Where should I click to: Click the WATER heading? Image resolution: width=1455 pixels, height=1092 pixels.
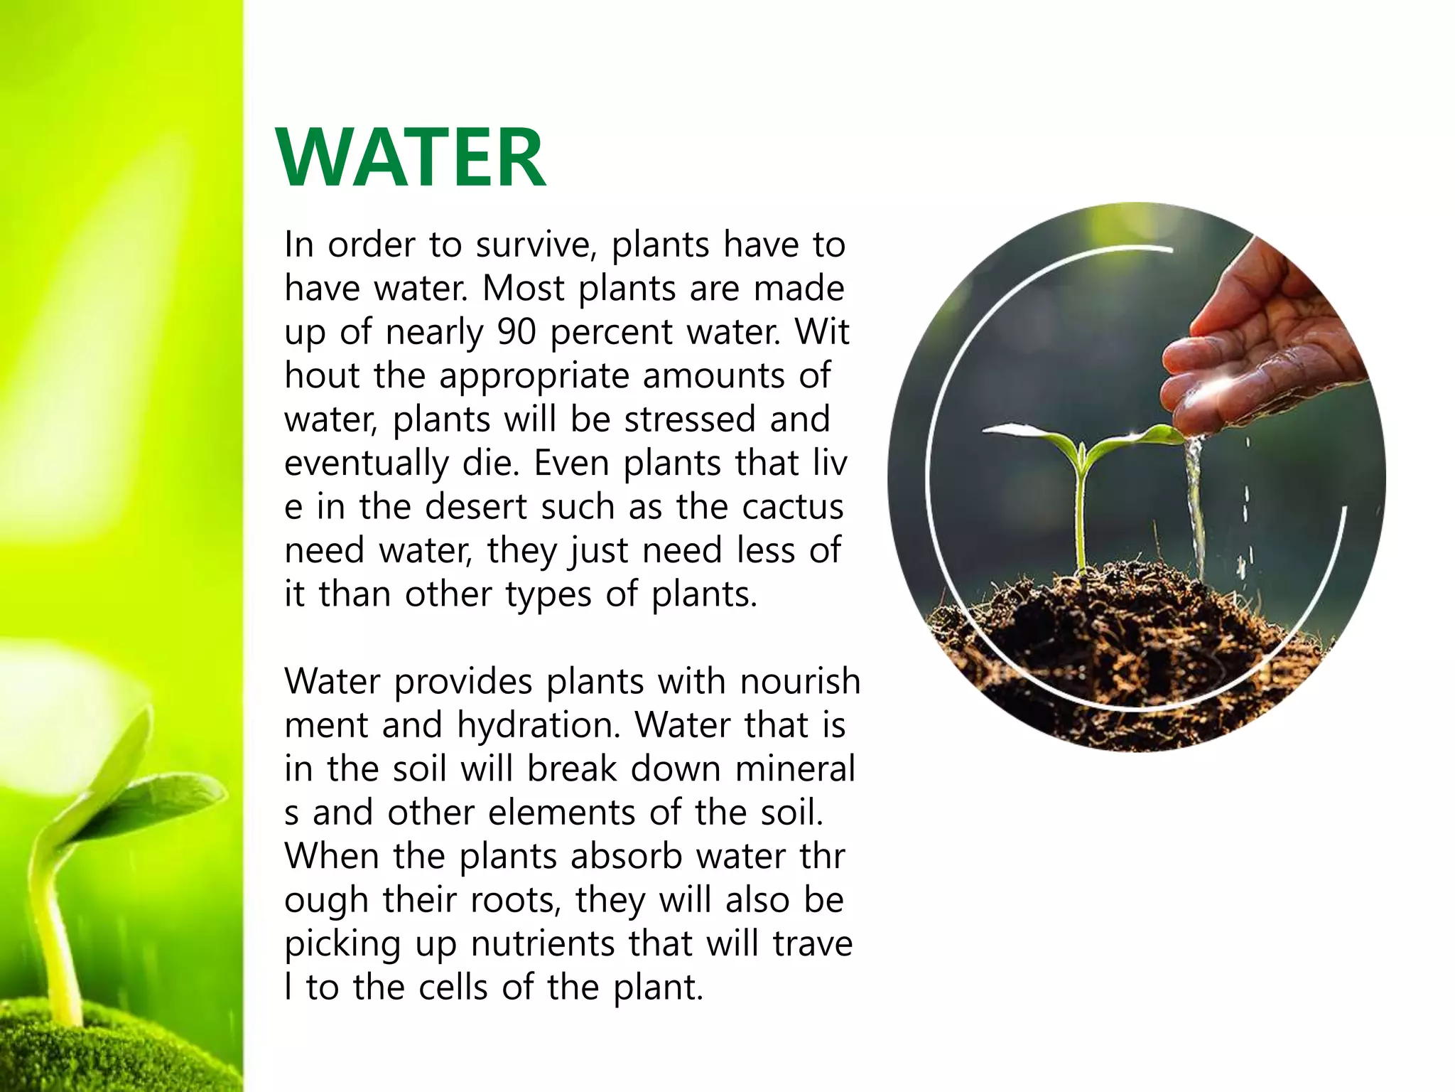pyautogui.click(x=411, y=158)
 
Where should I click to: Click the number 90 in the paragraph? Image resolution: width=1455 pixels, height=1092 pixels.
pyautogui.click(x=516, y=332)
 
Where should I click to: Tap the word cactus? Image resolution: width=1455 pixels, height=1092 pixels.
pyautogui.click(x=793, y=507)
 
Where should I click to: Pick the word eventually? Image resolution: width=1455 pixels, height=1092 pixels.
pyautogui.click(x=367, y=464)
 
